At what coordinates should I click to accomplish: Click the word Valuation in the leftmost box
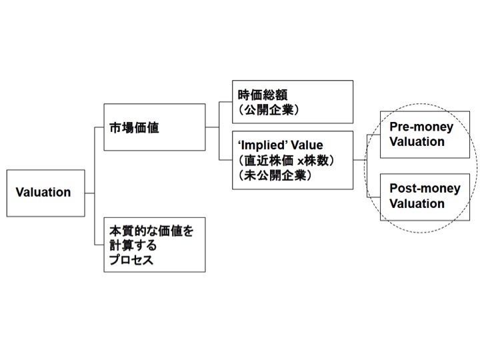(43, 192)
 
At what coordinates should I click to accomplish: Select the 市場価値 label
(134, 127)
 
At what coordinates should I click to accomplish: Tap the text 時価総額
(263, 95)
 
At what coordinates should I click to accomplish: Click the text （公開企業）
(268, 109)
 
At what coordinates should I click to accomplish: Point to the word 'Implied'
(263, 145)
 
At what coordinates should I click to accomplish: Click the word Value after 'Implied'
(307, 145)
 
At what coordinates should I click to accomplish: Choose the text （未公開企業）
(275, 175)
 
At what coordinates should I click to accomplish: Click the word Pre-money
(421, 127)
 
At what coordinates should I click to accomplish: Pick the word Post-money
(425, 189)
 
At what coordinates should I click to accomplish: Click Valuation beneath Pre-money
(417, 142)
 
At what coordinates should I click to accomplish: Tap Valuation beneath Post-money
(417, 203)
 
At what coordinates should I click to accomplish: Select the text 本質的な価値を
(151, 231)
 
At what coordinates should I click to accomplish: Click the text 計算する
(133, 245)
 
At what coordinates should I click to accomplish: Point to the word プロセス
(131, 260)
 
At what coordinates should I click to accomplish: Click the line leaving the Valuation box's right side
(90, 193)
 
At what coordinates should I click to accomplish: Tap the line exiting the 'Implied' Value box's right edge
(360, 160)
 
